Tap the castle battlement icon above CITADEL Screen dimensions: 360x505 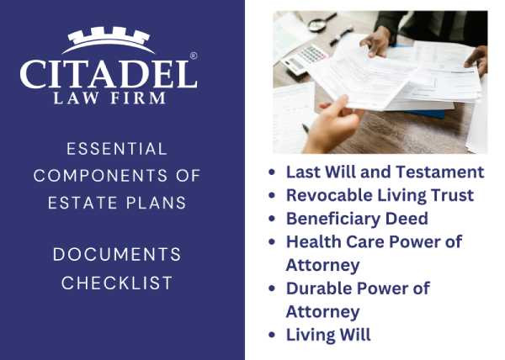tap(108, 39)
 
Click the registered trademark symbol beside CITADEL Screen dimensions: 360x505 tap(194, 56)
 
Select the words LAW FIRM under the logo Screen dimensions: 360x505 tap(108, 98)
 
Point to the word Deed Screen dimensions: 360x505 tap(407, 219)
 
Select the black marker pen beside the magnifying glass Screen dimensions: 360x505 tap(341, 36)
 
